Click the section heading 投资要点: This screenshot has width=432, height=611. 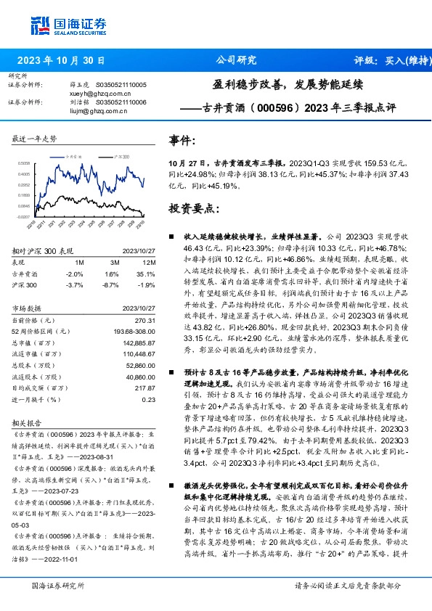click(x=194, y=208)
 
